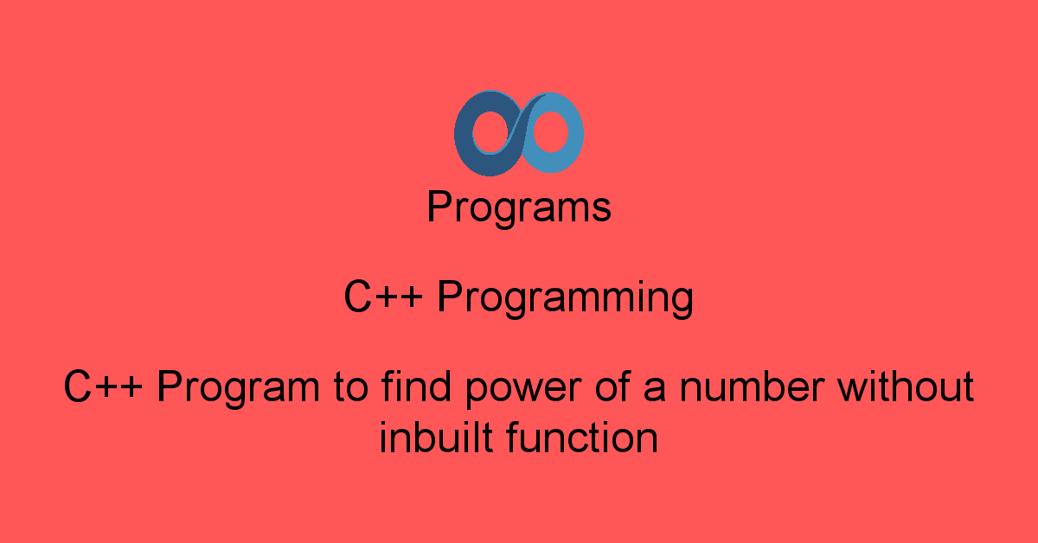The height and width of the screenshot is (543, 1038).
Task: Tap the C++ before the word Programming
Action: click(x=383, y=297)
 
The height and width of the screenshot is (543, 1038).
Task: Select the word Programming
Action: click(x=565, y=299)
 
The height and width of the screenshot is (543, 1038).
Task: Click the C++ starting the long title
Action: click(x=102, y=386)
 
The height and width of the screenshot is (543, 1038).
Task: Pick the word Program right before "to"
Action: click(x=239, y=389)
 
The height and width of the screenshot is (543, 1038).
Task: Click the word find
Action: click(x=416, y=386)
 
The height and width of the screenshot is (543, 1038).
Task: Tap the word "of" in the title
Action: click(x=613, y=386)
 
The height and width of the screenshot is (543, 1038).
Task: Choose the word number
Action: click(x=752, y=386)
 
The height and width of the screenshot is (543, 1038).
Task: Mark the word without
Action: click(x=906, y=386)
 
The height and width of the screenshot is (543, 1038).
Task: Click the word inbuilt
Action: click(x=436, y=437)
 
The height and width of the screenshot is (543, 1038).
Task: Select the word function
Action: click(x=582, y=437)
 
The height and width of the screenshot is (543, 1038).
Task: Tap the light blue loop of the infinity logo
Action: click(x=574, y=134)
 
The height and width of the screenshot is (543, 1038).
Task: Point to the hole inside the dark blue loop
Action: click(x=490, y=132)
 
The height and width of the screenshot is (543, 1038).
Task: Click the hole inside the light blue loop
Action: click(x=550, y=131)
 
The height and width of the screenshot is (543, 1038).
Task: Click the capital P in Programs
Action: click(x=440, y=206)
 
